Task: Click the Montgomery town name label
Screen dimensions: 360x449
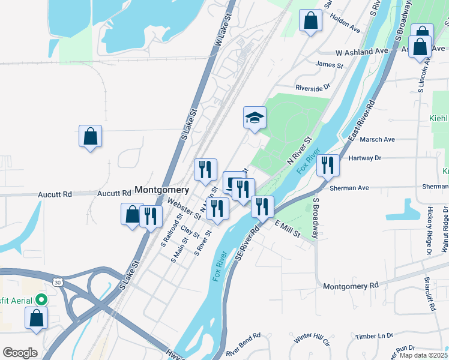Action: [161, 190]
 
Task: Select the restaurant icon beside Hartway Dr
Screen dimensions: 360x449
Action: [328, 165]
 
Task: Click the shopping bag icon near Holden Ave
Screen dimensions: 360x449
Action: [310, 21]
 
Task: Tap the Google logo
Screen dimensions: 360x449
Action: [20, 353]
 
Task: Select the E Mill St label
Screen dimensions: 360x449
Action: [287, 228]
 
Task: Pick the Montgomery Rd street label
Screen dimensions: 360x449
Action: [351, 286]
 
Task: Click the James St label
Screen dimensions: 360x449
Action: [329, 65]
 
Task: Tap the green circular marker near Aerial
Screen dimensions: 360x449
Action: [41, 298]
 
